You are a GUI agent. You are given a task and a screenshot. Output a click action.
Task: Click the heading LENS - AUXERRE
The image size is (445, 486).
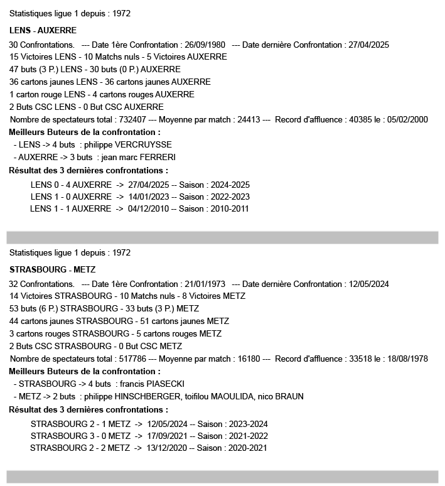coord(43,30)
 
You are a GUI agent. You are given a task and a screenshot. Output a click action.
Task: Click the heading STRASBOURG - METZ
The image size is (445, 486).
coord(53,269)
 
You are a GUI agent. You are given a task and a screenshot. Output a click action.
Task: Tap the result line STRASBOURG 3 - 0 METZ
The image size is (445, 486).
coord(80,436)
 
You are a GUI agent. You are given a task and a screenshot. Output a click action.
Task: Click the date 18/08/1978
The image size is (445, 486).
coord(406,359)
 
